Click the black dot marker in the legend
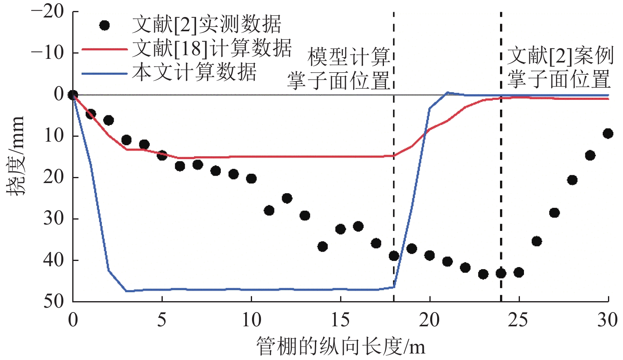click(105, 25)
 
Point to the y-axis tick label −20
click(47, 11)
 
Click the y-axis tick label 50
click(54, 302)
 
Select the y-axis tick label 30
click(54, 219)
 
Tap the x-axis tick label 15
click(340, 320)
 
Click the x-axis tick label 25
click(518, 320)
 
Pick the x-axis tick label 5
click(162, 320)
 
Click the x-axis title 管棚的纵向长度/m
click(341, 347)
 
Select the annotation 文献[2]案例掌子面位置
click(559, 67)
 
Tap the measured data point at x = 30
click(608, 134)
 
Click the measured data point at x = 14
click(323, 246)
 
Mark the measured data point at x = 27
click(554, 213)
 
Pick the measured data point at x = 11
click(269, 210)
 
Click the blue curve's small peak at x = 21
click(447, 93)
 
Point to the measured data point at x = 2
click(108, 120)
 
